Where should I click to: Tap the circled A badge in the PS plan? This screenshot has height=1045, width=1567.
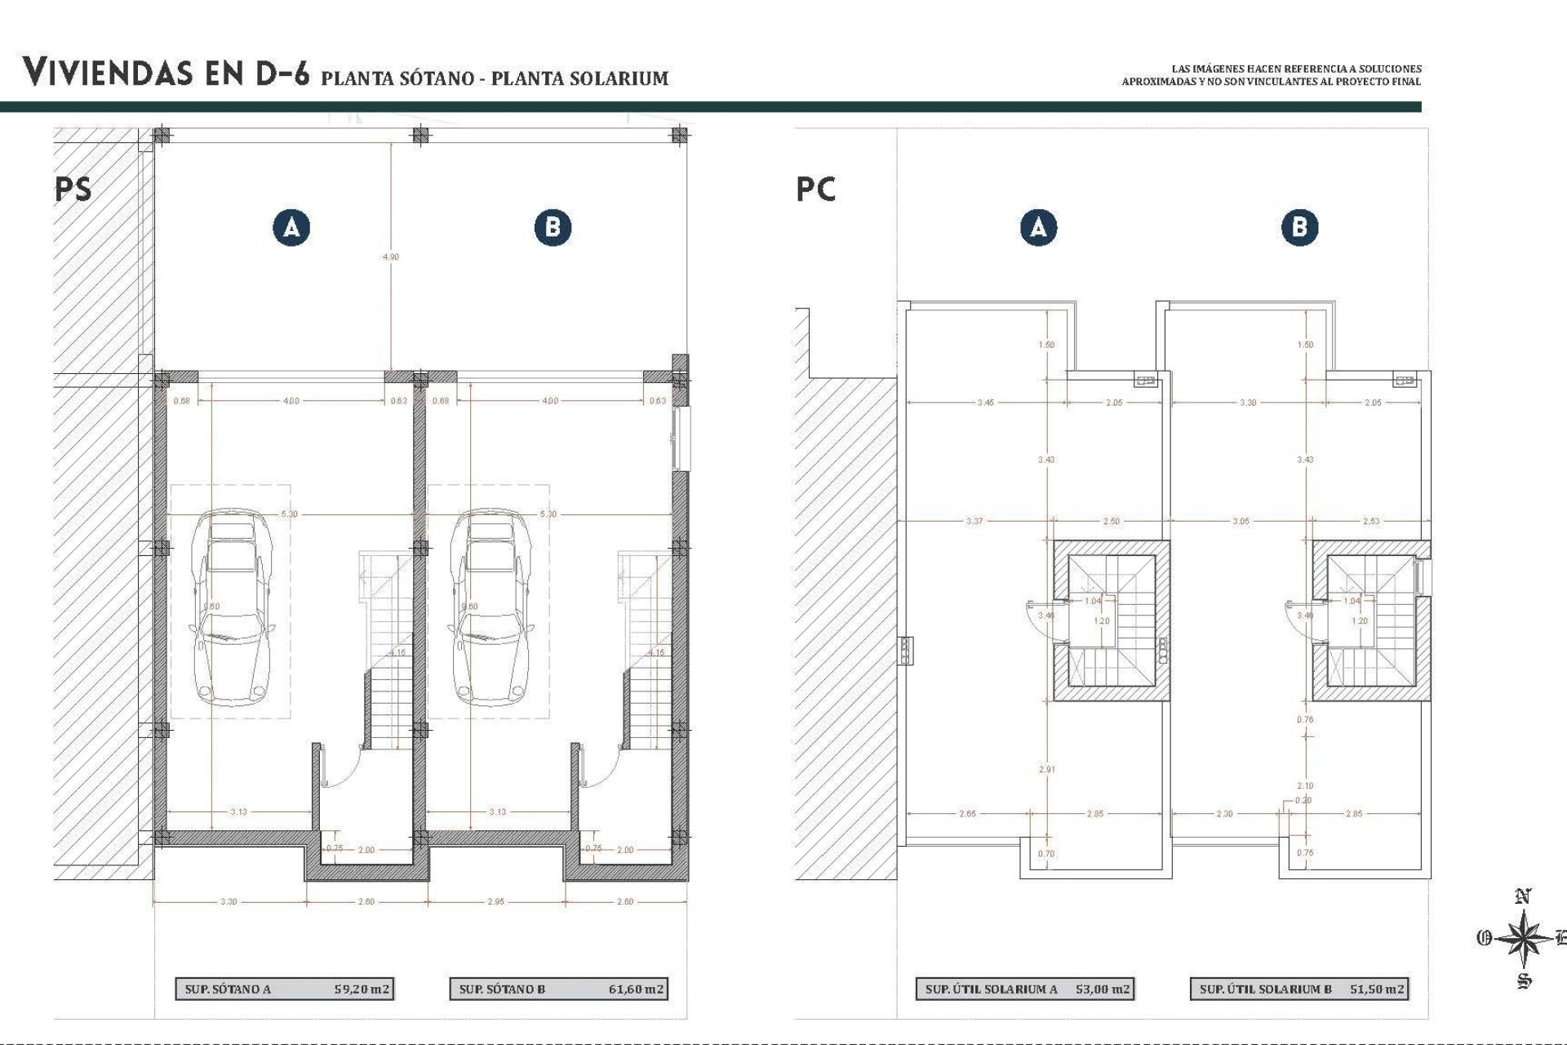point(291,227)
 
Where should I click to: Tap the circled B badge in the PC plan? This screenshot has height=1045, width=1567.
point(1299,227)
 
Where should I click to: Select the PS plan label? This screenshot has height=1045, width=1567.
point(73,189)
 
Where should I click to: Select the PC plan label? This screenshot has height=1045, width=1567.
point(815,189)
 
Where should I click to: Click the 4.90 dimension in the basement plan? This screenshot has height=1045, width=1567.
point(391,257)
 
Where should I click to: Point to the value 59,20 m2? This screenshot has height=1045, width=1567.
point(362,989)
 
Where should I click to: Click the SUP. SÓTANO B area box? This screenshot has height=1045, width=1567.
point(558,989)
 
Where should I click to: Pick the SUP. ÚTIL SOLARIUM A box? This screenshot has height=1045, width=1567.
point(1025,989)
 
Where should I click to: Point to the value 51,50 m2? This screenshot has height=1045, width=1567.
point(1377,989)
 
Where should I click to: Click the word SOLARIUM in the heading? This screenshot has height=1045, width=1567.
point(620,78)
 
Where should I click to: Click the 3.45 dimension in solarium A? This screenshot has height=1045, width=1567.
point(985,402)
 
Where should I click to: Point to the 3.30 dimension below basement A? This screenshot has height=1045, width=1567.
point(229,902)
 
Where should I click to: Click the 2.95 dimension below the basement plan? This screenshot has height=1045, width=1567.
point(495,902)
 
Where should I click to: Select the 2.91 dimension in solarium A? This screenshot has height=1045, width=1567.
point(1046,769)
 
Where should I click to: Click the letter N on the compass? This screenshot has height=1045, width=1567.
point(1522,897)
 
